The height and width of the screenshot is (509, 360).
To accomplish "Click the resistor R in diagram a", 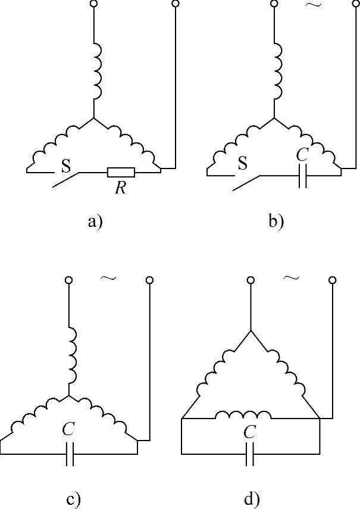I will [x=121, y=173].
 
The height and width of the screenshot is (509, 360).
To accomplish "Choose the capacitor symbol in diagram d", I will [x=251, y=455].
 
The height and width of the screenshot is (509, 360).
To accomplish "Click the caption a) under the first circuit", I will [x=95, y=222].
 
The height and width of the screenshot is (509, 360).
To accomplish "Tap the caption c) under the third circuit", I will [x=74, y=499].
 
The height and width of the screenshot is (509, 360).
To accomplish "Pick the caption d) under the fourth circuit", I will [x=250, y=499].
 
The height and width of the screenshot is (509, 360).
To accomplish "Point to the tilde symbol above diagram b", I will [x=312, y=5].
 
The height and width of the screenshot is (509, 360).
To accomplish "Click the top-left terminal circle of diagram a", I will [x=94, y=4].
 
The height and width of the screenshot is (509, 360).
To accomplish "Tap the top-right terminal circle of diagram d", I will [x=331, y=279].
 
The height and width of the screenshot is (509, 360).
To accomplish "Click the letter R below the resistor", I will [x=120, y=188].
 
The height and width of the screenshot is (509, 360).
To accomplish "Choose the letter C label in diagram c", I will [x=69, y=429].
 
